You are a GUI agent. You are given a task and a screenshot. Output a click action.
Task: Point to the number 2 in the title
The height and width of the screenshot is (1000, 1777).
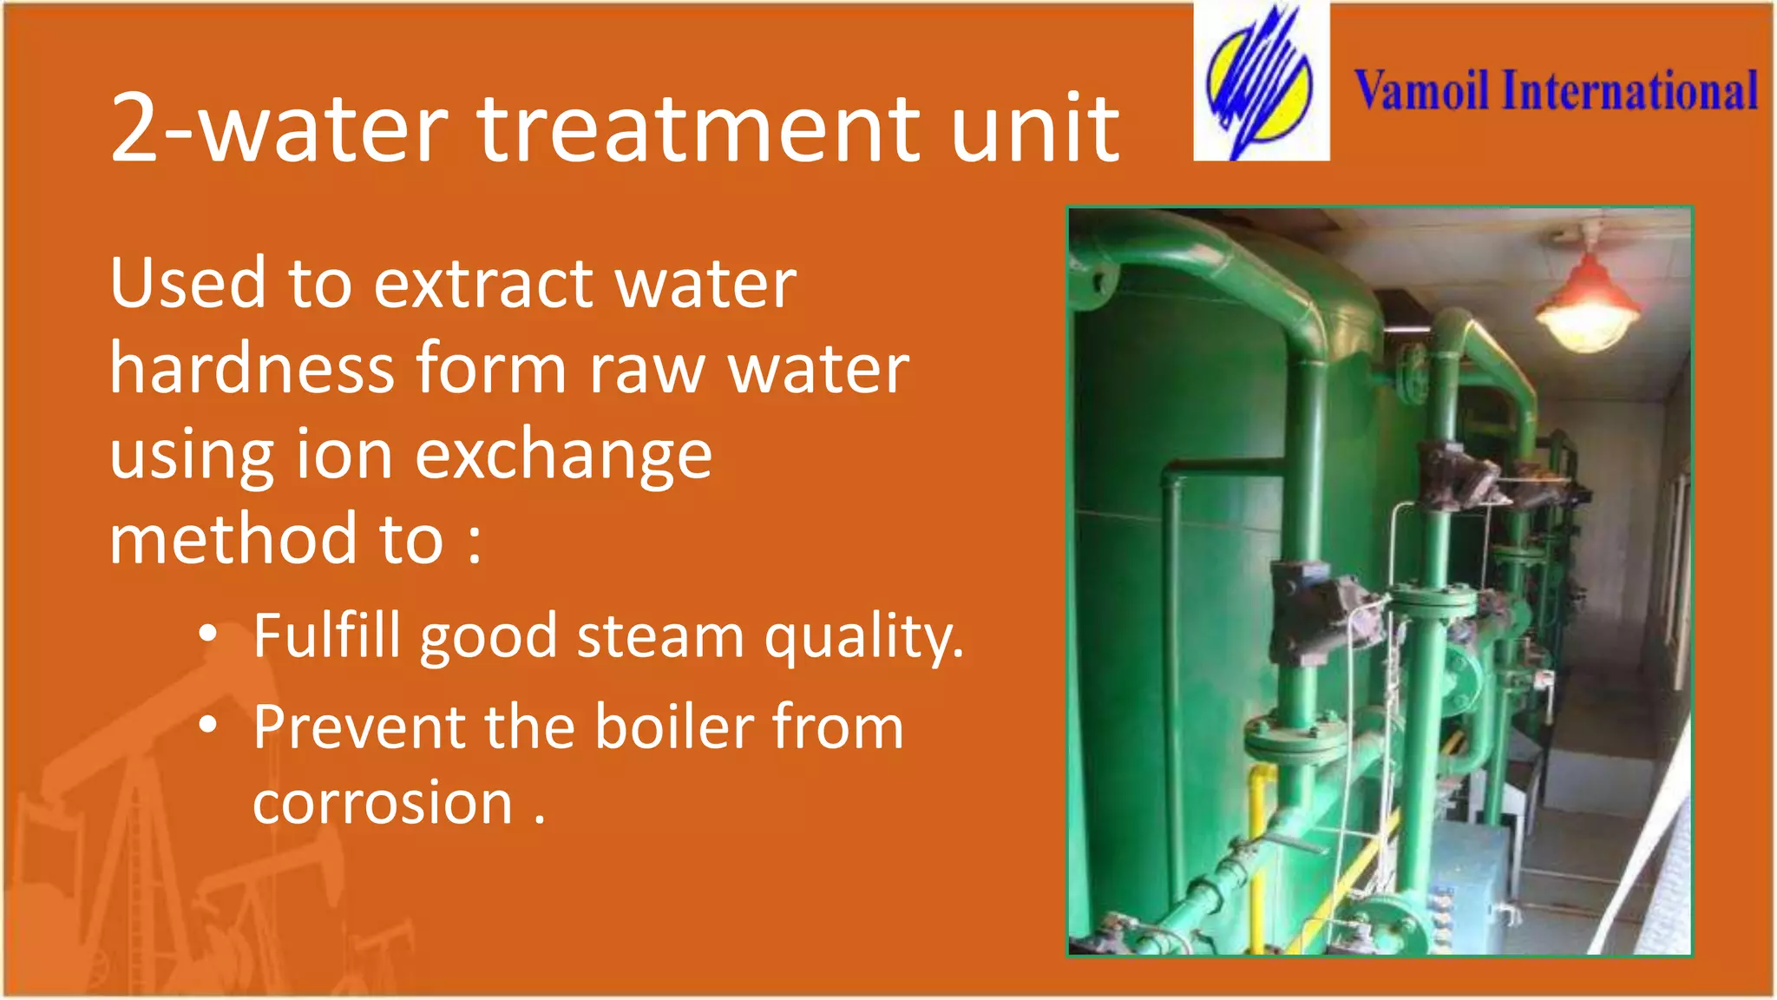[134, 130]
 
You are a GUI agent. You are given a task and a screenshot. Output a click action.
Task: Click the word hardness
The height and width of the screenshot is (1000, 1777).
[252, 368]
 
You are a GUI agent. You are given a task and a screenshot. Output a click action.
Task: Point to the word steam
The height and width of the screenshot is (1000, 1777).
[660, 636]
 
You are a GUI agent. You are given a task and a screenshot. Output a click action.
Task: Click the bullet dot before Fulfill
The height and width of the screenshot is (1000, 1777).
[207, 635]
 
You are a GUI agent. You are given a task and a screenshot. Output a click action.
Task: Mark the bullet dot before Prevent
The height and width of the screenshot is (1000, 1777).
[207, 725]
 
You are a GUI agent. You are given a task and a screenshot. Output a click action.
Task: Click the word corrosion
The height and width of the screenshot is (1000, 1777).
[383, 803]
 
